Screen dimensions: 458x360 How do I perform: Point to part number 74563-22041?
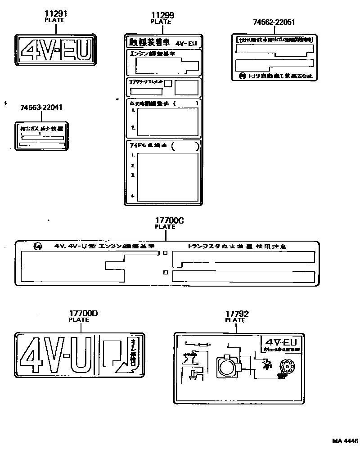pos(41,108)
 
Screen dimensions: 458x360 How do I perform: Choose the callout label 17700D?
pos(83,314)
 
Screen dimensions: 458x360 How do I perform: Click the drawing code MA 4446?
pos(345,441)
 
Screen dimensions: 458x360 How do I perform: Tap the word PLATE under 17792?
pos(235,320)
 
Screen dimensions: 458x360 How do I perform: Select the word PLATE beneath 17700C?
pos(165,227)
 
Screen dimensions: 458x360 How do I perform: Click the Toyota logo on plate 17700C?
pos(38,247)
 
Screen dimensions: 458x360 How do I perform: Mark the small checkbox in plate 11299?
pos(168,83)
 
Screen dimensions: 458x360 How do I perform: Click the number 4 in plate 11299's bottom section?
pos(133,196)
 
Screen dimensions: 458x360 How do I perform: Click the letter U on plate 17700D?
pos(82,355)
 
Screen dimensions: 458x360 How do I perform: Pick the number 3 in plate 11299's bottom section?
pos(133,175)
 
